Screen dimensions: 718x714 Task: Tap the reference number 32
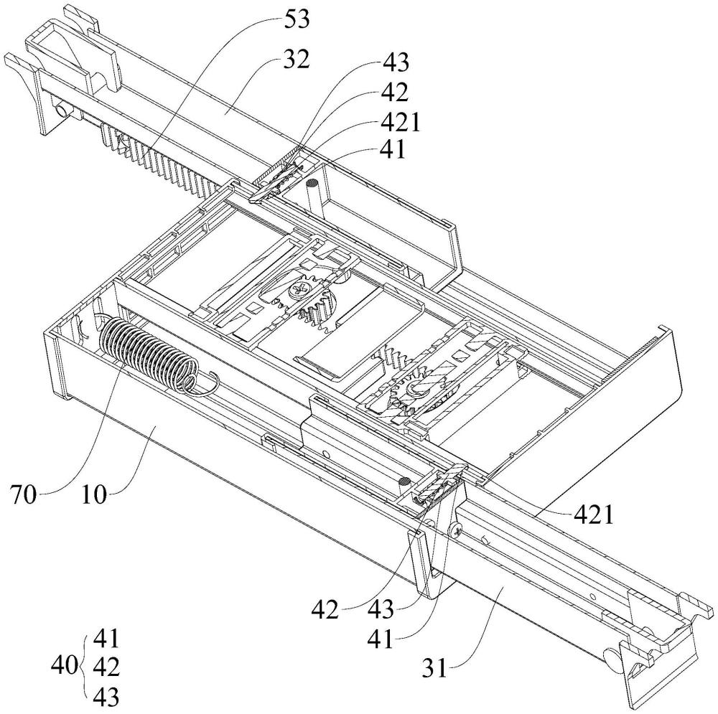coord(297,60)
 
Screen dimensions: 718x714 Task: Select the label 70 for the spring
coord(24,494)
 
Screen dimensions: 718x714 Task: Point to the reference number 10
coord(94,494)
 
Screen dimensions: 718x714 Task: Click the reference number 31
coord(434,668)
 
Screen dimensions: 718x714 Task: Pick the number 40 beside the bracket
coord(64,665)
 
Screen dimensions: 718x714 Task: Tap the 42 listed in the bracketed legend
coord(106,667)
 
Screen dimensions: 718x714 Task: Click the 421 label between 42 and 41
coord(400,122)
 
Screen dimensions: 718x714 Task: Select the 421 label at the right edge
coord(594,515)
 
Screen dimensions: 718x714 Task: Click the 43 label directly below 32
coord(396,62)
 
